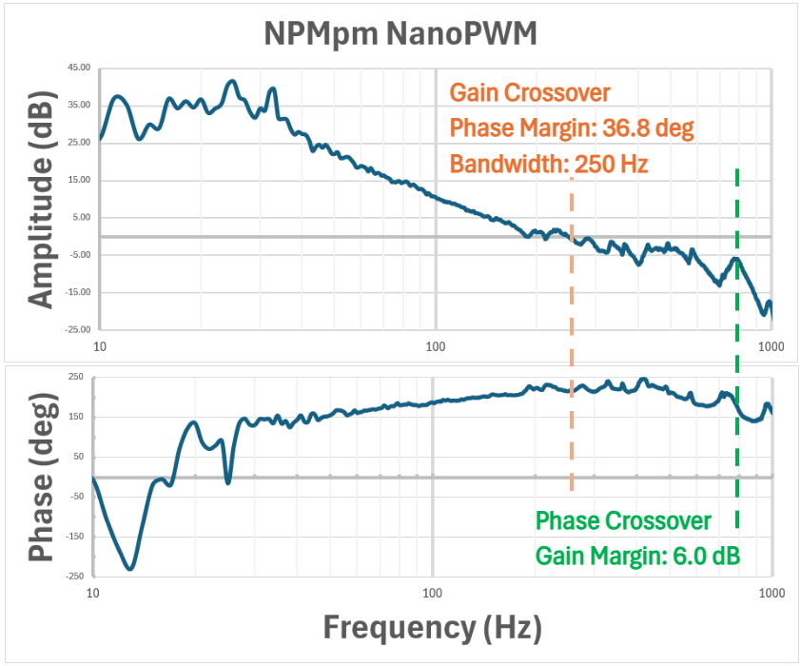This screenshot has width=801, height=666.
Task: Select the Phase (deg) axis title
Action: coord(40,476)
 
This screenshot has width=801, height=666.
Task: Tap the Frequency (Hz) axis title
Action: coord(432,628)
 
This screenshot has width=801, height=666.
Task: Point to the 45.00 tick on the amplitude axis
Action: coord(79,68)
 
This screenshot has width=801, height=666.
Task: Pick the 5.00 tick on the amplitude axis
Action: coord(82,217)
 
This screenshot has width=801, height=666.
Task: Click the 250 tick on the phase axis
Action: coord(75,378)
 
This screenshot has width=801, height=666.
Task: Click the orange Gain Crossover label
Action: coord(530,93)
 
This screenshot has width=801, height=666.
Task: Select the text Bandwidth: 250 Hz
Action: coord(549,164)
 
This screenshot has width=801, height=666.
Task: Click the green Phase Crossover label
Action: coord(623,521)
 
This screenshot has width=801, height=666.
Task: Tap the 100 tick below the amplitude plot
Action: coord(435,346)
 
